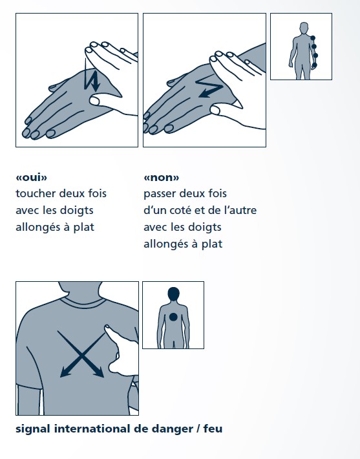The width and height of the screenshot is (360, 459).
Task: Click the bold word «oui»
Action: [31, 177]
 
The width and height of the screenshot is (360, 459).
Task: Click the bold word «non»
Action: [162, 177]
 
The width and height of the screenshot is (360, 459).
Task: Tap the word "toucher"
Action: [36, 193]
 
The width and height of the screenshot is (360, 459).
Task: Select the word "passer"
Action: [160, 194]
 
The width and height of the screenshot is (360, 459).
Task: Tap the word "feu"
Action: [213, 429]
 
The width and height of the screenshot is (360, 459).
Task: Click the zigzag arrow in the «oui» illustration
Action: [92, 80]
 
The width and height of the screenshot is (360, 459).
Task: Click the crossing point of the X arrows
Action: [81, 356]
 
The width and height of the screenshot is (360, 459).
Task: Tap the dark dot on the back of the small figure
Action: [173, 317]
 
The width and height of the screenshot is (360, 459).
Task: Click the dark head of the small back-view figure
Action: [174, 294]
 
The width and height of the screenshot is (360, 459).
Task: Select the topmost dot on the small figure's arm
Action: [313, 38]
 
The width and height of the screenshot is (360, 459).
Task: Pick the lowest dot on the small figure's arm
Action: [315, 65]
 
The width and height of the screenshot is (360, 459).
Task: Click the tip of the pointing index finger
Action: [107, 326]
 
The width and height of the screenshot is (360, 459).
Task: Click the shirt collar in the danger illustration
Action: [83, 301]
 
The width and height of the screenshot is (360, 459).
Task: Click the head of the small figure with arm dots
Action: [304, 28]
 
